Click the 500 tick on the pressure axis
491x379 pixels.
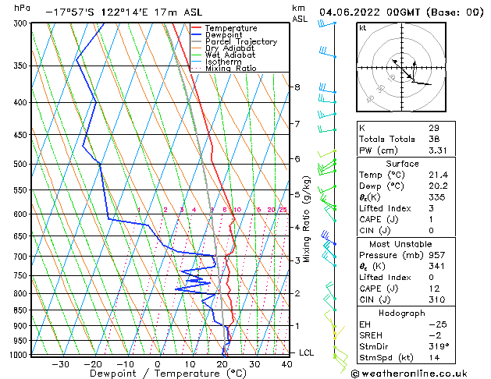point(21,165)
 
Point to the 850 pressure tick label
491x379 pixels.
point(21,310)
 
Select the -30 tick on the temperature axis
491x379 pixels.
point(60,363)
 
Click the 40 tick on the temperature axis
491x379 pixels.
point(288,363)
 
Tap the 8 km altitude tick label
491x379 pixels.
point(297,87)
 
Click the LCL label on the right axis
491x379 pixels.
point(307,353)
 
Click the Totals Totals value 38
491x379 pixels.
point(434,140)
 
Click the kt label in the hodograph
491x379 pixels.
point(362,27)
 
